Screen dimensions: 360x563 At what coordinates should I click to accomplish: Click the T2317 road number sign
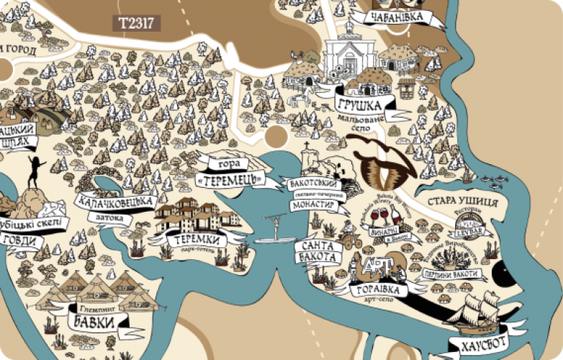136,23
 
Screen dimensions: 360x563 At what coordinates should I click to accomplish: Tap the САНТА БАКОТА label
317,251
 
